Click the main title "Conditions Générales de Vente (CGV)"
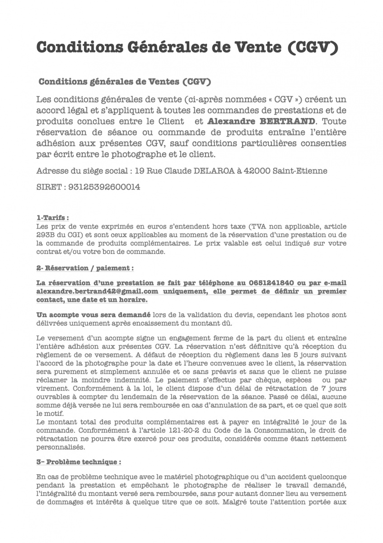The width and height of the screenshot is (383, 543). [x=187, y=47]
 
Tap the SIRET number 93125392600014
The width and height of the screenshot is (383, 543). [x=104, y=186]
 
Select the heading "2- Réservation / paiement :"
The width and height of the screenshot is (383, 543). [x=85, y=268]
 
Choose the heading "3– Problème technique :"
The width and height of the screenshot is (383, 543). [x=79, y=462]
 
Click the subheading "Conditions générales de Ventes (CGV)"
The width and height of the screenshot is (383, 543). [x=125, y=82]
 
